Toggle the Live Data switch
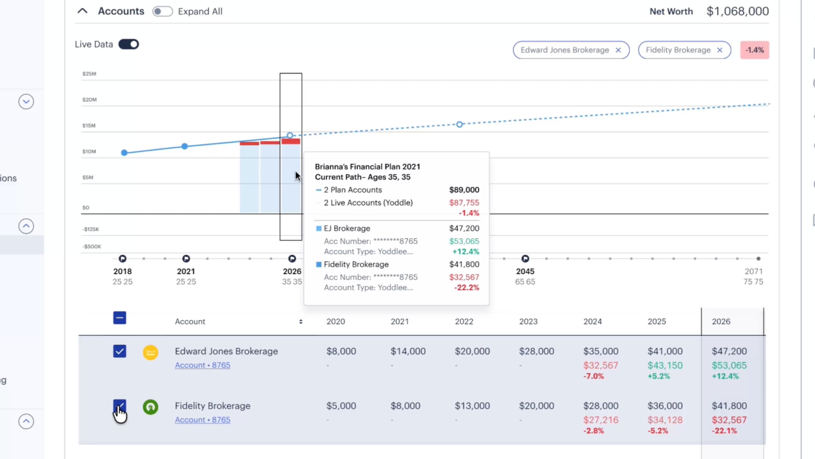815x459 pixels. point(128,44)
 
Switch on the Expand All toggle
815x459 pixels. point(162,11)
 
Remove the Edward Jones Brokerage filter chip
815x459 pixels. point(618,50)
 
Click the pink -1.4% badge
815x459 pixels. point(755,50)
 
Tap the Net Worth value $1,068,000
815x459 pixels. point(738,11)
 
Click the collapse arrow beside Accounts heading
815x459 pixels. point(82,11)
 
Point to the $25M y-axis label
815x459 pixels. point(89,74)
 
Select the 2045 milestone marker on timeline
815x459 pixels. point(525,258)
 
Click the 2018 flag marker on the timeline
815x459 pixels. point(122,258)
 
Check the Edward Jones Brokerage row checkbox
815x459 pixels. point(119,351)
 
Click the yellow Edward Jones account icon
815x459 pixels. point(150,352)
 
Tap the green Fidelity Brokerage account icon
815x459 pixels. point(150,407)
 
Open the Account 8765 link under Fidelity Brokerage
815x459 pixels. point(202,420)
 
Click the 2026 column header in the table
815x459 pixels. point(721,321)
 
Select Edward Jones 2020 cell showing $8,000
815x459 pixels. point(341,351)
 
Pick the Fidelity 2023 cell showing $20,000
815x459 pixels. point(537,406)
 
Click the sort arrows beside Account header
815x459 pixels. point(301,321)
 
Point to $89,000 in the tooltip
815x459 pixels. point(464,190)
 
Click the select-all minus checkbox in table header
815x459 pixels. point(119,318)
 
